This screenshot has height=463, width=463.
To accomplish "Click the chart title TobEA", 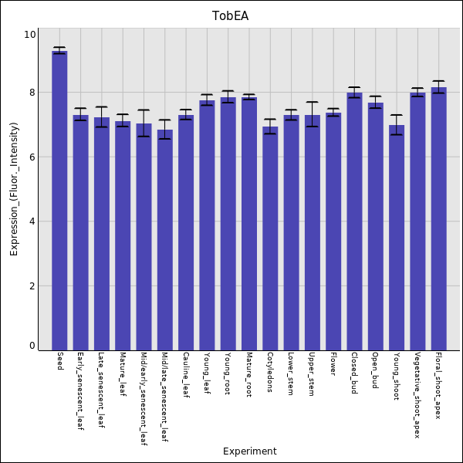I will tap(231, 15).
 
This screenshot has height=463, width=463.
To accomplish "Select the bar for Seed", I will tap(59, 201).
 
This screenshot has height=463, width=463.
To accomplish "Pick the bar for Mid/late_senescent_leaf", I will tap(164, 239).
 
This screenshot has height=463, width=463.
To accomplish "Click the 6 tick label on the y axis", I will tap(32, 157).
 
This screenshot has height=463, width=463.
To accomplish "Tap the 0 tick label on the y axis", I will tap(32, 346).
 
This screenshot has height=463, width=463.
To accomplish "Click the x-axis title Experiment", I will tap(249, 451).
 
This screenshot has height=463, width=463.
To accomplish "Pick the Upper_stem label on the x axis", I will tap(312, 375).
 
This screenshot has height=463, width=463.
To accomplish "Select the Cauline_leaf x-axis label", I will tap(185, 377).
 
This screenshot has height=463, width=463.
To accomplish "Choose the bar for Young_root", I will tap(228, 223).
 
